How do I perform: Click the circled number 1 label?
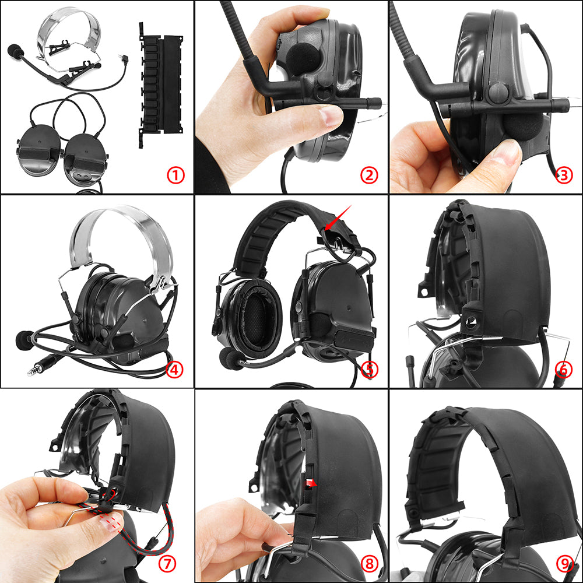[x=175, y=175]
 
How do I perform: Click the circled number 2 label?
[x=370, y=175]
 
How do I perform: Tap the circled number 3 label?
[x=564, y=175]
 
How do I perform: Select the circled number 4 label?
[x=175, y=369]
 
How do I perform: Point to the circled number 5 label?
[x=370, y=369]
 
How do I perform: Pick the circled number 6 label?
[x=564, y=369]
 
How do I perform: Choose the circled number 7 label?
[x=167, y=563]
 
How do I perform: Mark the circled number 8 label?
[x=370, y=563]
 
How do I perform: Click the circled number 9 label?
[x=564, y=563]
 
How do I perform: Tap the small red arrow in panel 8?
[x=311, y=483]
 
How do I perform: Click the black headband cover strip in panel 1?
[x=153, y=85]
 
